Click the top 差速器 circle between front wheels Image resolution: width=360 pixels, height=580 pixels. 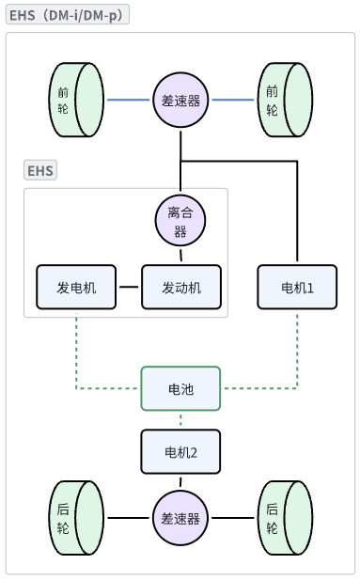pos(180,100)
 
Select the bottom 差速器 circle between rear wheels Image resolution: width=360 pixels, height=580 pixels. pos(180,518)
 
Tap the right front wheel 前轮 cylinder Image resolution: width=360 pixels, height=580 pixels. pos(285,99)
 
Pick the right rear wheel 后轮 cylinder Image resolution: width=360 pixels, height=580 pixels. pos(285,518)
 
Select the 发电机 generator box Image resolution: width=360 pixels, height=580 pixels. pos(75,287)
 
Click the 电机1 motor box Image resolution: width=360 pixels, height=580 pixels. pos(297,287)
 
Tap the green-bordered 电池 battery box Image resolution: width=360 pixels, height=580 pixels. pos(180,388)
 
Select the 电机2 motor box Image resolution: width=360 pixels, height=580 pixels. pos(180,451)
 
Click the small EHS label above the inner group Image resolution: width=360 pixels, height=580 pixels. pos(40,170)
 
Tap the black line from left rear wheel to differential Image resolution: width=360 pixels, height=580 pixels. pos(128,518)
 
